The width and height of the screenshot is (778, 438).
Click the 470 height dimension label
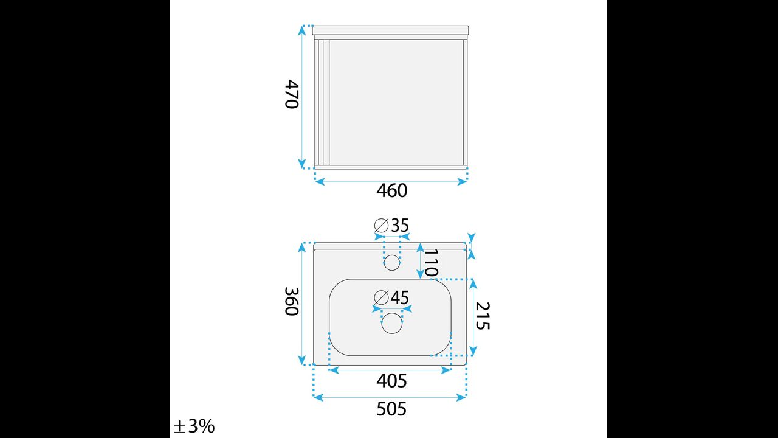click(291, 94)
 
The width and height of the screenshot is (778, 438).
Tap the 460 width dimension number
click(392, 190)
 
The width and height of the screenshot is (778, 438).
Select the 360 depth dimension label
click(291, 301)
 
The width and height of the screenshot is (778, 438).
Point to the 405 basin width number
click(391, 381)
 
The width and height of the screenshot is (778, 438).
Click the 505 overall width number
click(391, 409)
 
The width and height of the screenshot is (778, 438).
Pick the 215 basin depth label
click(483, 316)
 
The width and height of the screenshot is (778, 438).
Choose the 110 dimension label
click(431, 263)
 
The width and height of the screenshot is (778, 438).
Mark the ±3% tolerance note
click(194, 426)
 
